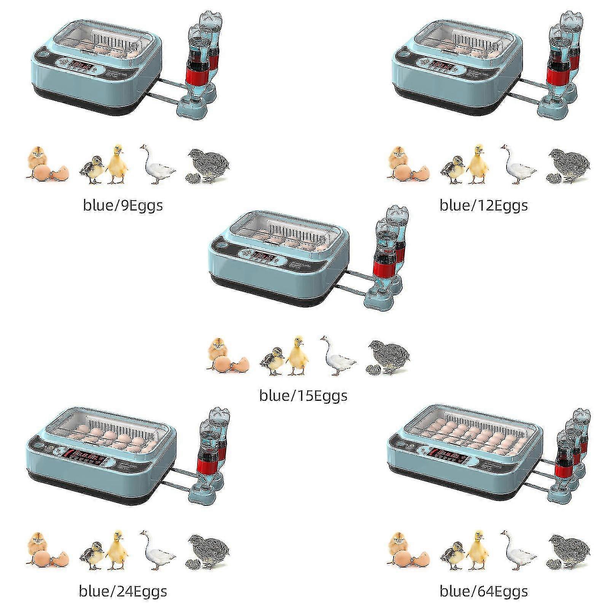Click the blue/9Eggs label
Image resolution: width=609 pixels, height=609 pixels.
click(x=123, y=206)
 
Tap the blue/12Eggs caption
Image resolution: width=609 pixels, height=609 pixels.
click(x=483, y=206)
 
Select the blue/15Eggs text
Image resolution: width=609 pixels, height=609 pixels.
click(x=303, y=396)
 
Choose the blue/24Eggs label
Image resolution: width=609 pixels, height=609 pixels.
click(x=123, y=591)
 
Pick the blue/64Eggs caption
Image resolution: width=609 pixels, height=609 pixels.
click(x=483, y=591)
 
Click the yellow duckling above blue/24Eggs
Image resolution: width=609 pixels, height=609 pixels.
click(x=116, y=550)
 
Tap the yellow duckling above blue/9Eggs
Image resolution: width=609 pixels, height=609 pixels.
click(x=116, y=164)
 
